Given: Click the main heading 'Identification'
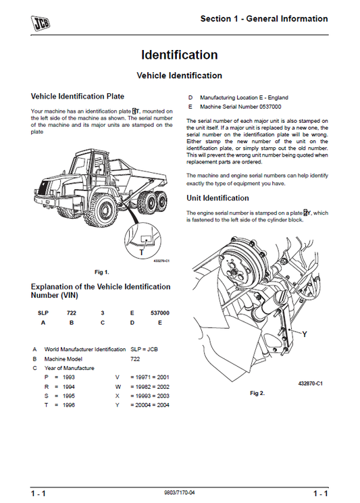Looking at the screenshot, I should tap(179, 55).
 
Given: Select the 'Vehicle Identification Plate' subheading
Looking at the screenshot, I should tap(78, 97).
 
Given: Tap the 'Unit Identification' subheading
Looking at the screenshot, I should tap(217, 198).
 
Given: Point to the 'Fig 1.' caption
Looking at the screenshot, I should tap(101, 271).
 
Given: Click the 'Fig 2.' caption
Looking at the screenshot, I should tap(257, 392).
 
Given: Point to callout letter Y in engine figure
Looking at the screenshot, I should tap(305, 334).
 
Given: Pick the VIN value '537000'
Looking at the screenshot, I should tap(159, 313).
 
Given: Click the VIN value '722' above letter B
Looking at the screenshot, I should tap(72, 313).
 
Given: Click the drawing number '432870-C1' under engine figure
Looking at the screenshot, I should tap(310, 383).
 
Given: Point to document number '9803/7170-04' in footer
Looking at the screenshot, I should tap(179, 494).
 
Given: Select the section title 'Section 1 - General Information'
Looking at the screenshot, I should tap(264, 19).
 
